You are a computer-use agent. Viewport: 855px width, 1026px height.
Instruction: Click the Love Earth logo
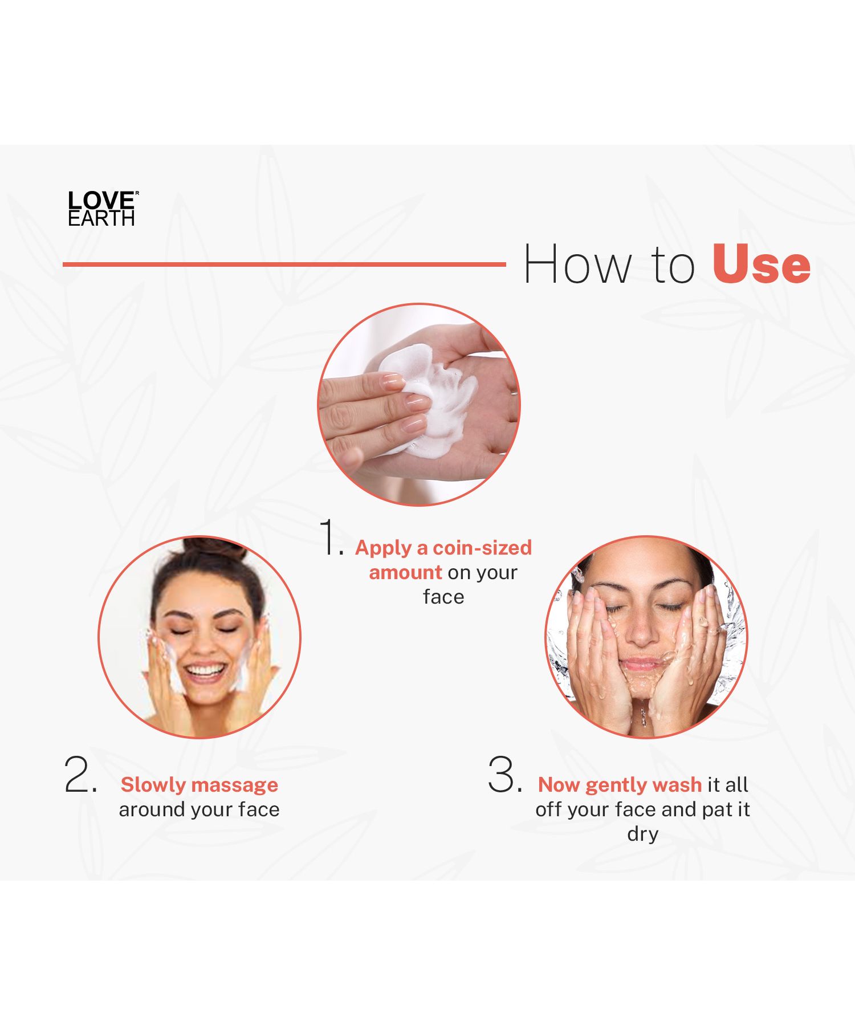tap(103, 209)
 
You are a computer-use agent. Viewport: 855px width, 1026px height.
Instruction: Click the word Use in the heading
tap(761, 264)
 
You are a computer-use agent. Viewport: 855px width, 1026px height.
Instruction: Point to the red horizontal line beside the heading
tap(284, 264)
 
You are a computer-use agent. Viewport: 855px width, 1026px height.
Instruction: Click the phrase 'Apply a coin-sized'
tap(443, 548)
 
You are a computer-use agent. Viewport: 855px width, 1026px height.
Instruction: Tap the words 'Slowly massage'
tap(199, 785)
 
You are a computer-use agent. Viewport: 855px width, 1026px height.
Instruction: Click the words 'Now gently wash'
tap(620, 785)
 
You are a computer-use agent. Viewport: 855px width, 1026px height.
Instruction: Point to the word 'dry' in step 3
tap(642, 834)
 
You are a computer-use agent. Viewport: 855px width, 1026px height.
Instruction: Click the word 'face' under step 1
tap(443, 597)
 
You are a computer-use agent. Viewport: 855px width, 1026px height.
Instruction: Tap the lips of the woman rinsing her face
tap(642, 664)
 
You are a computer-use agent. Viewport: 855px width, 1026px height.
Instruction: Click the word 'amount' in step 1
tap(405, 572)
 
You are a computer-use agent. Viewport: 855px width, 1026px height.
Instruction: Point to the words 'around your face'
tap(199, 810)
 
